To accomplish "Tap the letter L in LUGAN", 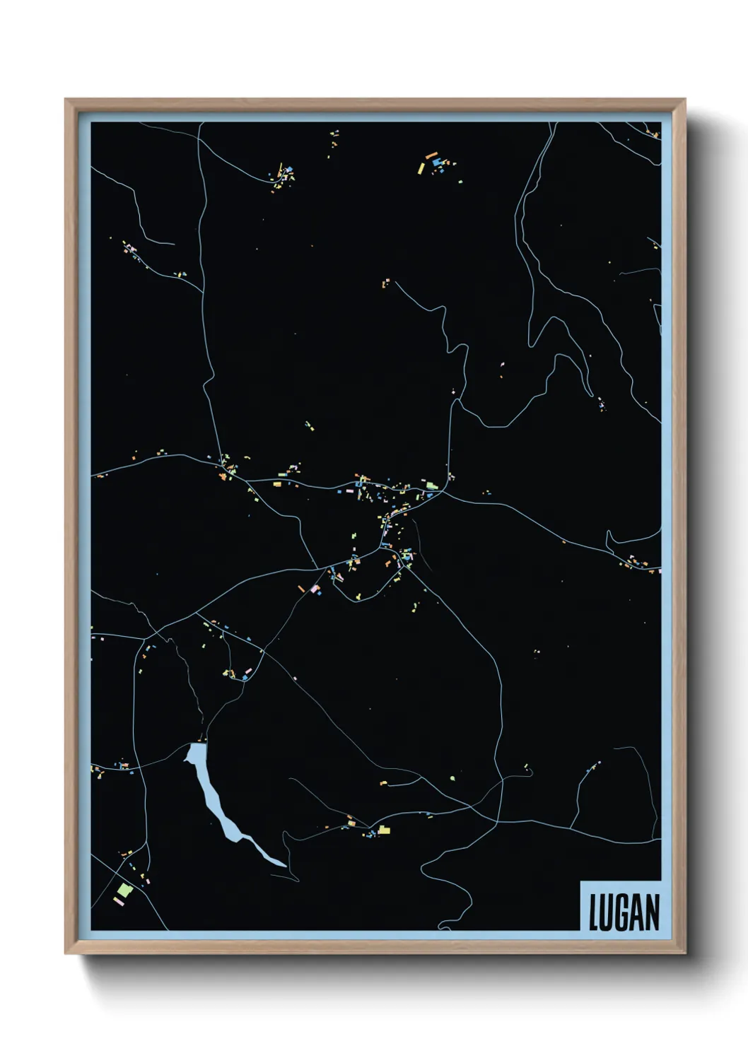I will click(594, 912).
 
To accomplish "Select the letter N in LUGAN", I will click(652, 912).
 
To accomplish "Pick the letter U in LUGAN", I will click(607, 912).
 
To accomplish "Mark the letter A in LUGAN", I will click(637, 912).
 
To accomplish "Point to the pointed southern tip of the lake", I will click(284, 865).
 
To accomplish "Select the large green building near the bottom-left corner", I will click(124, 890).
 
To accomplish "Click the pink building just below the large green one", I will click(118, 901).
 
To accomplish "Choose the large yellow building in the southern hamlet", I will click(384, 830).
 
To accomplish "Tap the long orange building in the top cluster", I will click(431, 155).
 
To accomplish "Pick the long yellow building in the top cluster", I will click(421, 168).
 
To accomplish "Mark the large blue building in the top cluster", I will click(436, 163).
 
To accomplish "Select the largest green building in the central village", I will click(431, 484).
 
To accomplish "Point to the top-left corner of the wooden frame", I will click(66, 100).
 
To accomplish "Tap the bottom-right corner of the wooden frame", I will click(684, 953).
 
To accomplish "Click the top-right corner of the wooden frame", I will click(684, 100).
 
